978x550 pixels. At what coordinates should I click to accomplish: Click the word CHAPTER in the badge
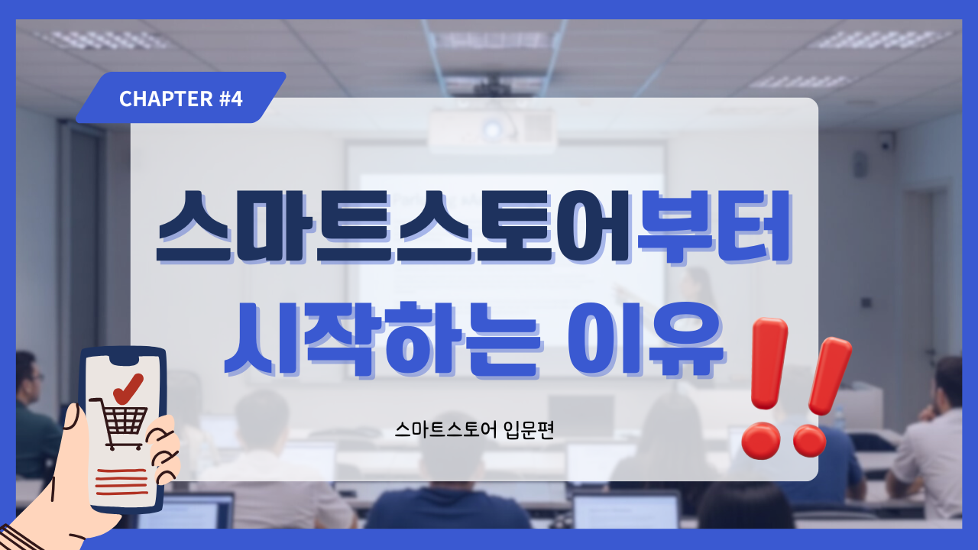click(166, 99)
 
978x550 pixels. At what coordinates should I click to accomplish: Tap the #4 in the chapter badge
click(231, 99)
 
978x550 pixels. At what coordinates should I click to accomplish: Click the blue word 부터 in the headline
click(714, 227)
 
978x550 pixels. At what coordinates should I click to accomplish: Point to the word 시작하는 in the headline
click(383, 340)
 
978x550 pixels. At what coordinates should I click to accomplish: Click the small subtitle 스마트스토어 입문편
click(474, 430)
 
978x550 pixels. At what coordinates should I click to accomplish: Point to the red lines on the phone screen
click(121, 482)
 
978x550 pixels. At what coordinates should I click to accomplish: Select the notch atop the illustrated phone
click(125, 359)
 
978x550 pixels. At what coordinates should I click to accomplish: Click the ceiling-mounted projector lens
click(493, 129)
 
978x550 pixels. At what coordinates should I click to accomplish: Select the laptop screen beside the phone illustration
click(188, 512)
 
